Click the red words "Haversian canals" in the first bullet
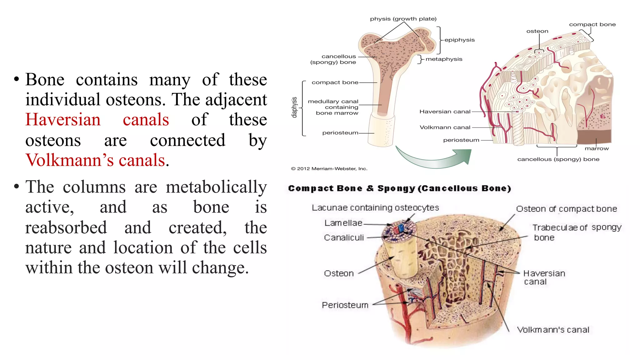pyautogui.click(x=97, y=120)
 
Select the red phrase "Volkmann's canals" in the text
pyautogui.click(x=95, y=160)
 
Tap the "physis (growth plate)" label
pyautogui.click(x=403, y=19)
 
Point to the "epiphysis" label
pyautogui.click(x=459, y=40)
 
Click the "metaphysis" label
pyautogui.click(x=444, y=59)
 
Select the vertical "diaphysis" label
pyautogui.click(x=294, y=107)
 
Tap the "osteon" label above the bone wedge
pyautogui.click(x=537, y=31)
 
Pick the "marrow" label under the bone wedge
pyautogui.click(x=597, y=148)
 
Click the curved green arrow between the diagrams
pyautogui.click(x=434, y=158)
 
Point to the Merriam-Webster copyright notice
pyautogui.click(x=329, y=169)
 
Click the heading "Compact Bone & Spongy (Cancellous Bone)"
pyautogui.click(x=399, y=188)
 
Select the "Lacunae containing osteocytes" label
pyautogui.click(x=375, y=208)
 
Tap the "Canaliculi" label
pyautogui.click(x=344, y=238)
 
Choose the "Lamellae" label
pyautogui.click(x=343, y=223)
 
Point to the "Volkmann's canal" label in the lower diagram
pyautogui.click(x=553, y=330)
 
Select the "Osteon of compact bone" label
pyautogui.click(x=566, y=209)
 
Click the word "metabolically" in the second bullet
pyautogui.click(x=216, y=187)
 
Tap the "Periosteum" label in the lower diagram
pyautogui.click(x=345, y=305)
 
